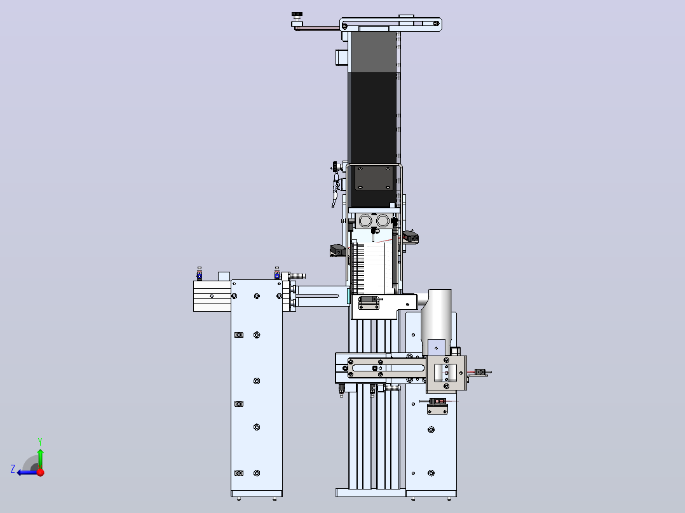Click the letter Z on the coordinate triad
click(13, 469)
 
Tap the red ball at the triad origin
click(41, 472)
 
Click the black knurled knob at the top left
click(297, 15)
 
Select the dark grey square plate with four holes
click(374, 178)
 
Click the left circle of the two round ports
click(365, 221)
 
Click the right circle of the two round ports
click(383, 221)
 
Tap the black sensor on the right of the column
click(410, 237)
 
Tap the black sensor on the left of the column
click(337, 251)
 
